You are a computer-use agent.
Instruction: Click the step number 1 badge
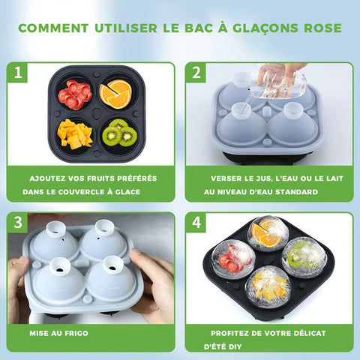pos(17,73)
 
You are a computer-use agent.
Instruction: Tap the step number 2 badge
pos(196,73)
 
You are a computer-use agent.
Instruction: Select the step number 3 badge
pos(17,222)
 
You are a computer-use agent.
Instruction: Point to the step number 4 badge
pos(196,222)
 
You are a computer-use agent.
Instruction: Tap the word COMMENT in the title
pos(53,28)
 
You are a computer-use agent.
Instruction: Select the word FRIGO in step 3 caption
pos(76,333)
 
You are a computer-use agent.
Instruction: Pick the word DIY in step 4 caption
pos(235,346)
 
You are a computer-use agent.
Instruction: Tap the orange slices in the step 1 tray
pos(115,94)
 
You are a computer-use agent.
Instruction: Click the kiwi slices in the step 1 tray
pos(120,133)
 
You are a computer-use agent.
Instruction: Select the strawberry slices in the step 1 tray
pos(75,94)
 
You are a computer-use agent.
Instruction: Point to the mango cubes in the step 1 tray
pos(74,134)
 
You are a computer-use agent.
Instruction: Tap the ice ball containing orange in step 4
pos(268,233)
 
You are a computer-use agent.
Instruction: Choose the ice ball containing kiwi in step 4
pos(304,257)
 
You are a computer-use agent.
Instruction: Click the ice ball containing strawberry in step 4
pos(233,259)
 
